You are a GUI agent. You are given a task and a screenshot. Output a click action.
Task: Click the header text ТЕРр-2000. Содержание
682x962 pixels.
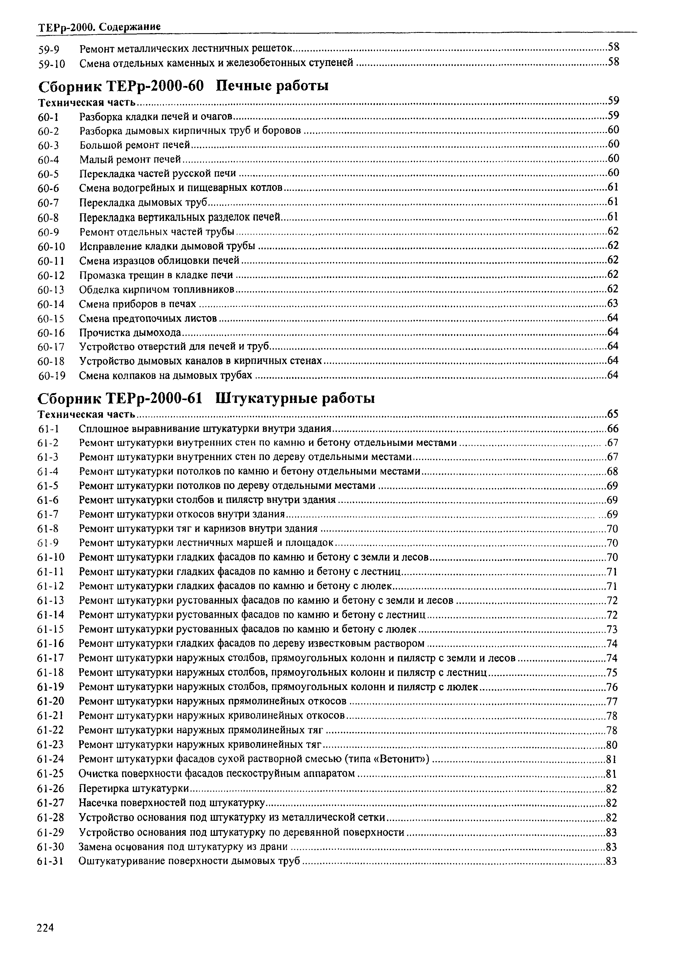tap(99, 27)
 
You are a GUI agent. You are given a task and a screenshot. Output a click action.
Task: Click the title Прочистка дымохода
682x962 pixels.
tap(130, 333)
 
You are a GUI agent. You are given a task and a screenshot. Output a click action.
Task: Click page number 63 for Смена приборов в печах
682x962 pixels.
tap(613, 303)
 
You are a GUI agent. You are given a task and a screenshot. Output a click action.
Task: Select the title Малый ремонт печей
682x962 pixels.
tap(130, 159)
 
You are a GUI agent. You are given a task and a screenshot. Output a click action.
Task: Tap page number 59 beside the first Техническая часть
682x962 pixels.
tap(614, 101)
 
